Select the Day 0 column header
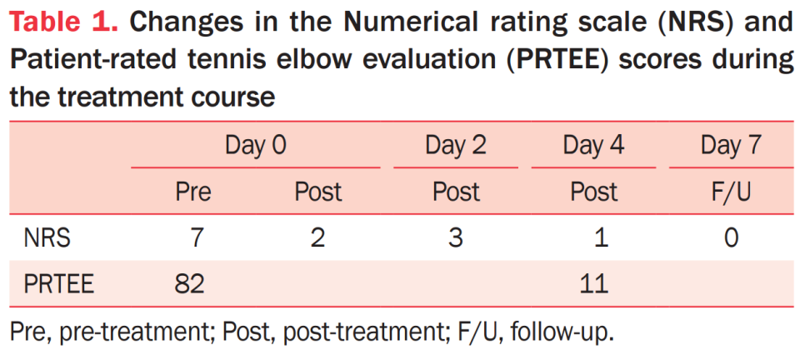point(256,146)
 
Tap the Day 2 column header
point(455,146)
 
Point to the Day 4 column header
point(593,146)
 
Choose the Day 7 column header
point(732,146)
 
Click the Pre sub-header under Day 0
point(193,192)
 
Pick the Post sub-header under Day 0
point(317,192)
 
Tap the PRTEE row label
point(58,284)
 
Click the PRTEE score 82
point(189,284)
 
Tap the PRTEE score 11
point(594,284)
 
